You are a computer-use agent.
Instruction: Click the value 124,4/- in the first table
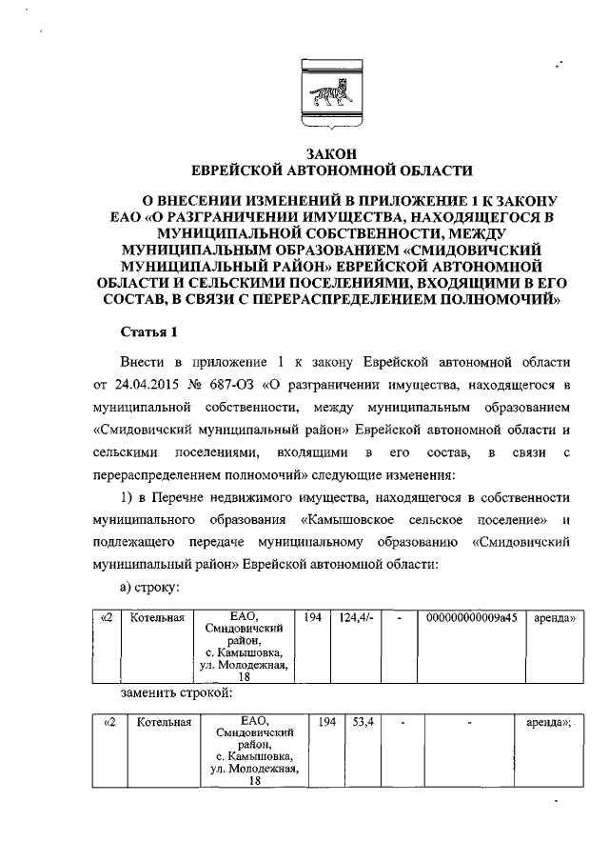(354, 618)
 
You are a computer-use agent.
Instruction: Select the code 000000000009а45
(472, 618)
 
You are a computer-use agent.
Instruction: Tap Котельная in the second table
(164, 723)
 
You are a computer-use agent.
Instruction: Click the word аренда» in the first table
(555, 618)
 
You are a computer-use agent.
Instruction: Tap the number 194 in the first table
(312, 618)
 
